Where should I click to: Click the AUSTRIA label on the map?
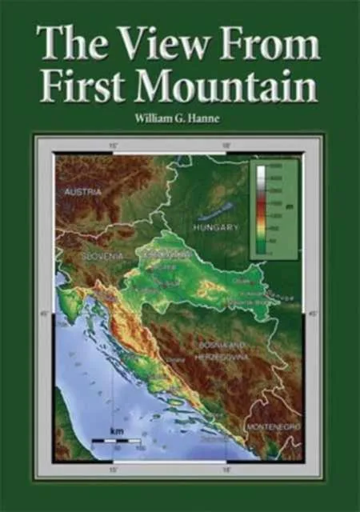(70, 192)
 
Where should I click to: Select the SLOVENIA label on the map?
(102, 255)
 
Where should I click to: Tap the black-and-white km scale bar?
(117, 441)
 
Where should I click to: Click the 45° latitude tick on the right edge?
(311, 314)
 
